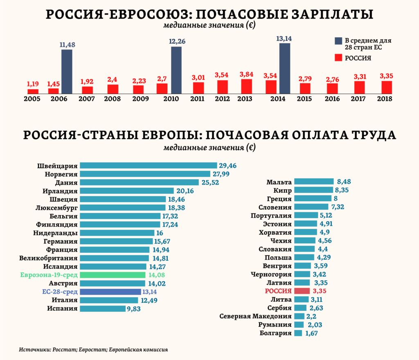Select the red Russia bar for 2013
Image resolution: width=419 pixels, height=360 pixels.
click(x=246, y=86)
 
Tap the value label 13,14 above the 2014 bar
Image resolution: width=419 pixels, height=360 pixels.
click(x=284, y=38)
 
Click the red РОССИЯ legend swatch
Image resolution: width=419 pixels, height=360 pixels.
click(x=338, y=58)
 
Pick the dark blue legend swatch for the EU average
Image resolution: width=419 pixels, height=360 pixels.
click(x=338, y=41)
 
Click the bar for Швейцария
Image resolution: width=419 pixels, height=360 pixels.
click(x=148, y=166)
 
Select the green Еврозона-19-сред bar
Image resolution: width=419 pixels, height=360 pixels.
click(x=113, y=275)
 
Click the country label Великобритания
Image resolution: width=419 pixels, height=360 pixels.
click(x=48, y=258)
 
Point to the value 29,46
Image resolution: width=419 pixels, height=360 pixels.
click(x=228, y=166)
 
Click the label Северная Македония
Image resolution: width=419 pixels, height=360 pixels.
click(x=255, y=316)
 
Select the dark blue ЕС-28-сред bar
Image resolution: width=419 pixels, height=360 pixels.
click(x=110, y=292)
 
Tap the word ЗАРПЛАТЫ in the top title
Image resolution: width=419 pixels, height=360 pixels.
click(x=330, y=14)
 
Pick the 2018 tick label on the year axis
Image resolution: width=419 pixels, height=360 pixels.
click(x=385, y=99)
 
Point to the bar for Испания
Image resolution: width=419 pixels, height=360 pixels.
click(x=102, y=308)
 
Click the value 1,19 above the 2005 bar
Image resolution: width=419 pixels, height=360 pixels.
click(x=33, y=84)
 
